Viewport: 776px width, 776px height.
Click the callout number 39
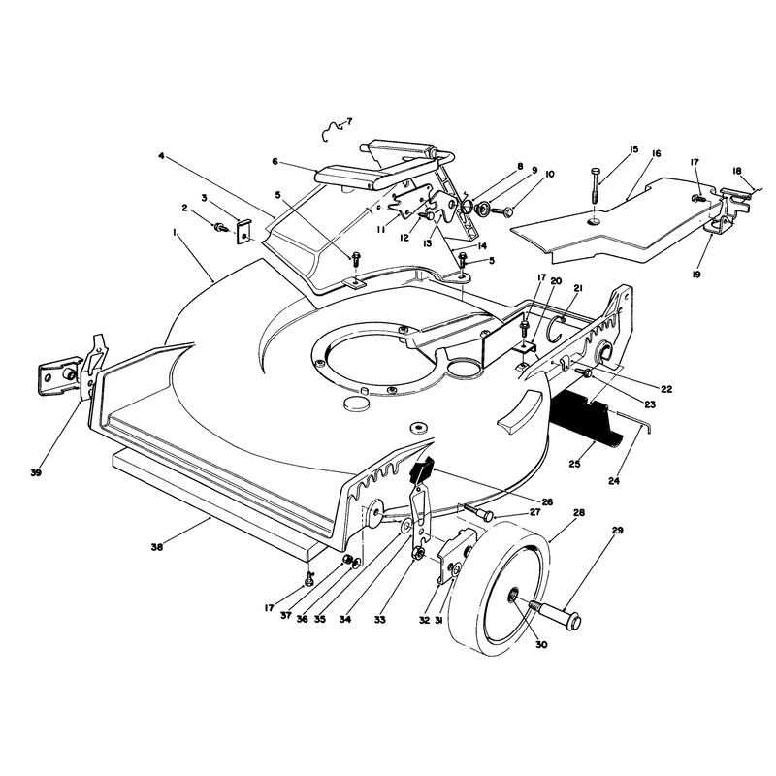(x=35, y=472)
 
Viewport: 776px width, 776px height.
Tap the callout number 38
(x=157, y=547)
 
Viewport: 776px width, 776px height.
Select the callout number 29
(x=618, y=530)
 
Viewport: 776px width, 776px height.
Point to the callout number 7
(x=349, y=120)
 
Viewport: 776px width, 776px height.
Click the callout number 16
(x=656, y=153)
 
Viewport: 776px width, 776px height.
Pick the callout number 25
(x=574, y=464)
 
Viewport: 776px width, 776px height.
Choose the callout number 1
(x=175, y=232)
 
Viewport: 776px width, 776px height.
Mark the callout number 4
(x=161, y=156)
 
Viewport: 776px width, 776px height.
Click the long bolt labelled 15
(x=596, y=185)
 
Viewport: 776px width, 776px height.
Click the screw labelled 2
(x=220, y=228)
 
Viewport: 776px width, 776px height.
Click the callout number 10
(x=549, y=175)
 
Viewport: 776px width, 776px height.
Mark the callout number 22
(x=666, y=389)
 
